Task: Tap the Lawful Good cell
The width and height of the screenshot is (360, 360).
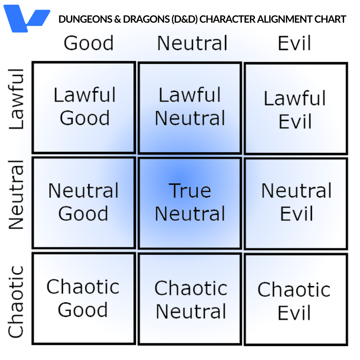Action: pos(84,107)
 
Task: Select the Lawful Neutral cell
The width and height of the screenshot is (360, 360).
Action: pos(190,107)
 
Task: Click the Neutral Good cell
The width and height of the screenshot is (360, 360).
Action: pos(84,202)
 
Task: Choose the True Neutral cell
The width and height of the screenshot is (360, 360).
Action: pos(190,202)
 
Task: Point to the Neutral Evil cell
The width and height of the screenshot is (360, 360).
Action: pos(296,202)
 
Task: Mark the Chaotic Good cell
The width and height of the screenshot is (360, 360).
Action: pos(84,299)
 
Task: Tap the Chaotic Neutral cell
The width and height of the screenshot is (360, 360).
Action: pos(190,300)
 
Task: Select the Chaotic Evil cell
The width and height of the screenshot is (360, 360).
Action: pos(295,301)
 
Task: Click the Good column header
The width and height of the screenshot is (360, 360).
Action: pos(89,43)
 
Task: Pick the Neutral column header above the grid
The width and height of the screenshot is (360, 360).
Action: pos(193,43)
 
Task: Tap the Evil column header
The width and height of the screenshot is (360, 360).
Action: pos(294,43)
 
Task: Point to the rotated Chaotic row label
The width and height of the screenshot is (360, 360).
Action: pos(17,302)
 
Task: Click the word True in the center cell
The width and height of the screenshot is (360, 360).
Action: pos(190,191)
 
